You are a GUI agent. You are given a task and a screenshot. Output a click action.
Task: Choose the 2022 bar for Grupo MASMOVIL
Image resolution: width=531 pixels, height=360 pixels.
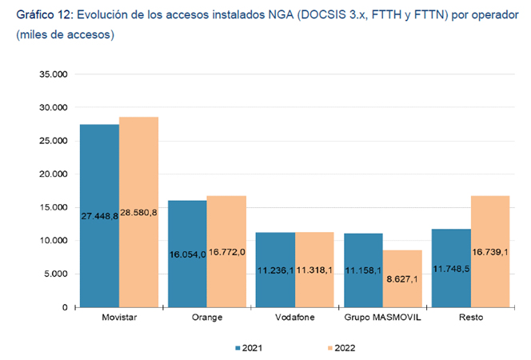click(x=402, y=280)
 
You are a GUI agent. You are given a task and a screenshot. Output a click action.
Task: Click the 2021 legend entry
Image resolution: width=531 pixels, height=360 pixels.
click(x=249, y=348)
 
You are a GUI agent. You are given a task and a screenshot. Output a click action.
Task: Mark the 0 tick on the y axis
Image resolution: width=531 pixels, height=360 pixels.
click(x=64, y=308)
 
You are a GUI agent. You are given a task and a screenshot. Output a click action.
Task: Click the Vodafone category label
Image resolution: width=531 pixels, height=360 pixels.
click(x=295, y=318)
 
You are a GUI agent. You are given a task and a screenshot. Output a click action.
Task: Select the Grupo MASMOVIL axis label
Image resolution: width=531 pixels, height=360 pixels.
click(x=383, y=318)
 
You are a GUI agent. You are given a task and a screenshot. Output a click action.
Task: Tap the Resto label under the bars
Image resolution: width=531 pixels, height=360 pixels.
click(x=471, y=318)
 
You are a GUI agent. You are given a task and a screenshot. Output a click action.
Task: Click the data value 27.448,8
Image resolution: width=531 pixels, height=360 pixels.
click(x=99, y=216)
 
